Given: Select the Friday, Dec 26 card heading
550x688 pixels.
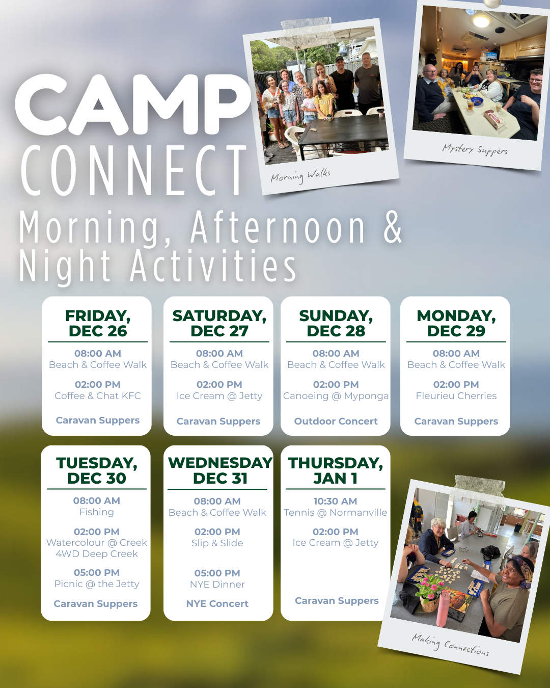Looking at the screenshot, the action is (98, 323).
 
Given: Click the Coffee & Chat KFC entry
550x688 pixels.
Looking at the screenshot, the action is (98, 396).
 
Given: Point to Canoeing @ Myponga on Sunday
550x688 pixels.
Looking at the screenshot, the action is (336, 396).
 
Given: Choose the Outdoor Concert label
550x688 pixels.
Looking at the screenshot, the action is (336, 421).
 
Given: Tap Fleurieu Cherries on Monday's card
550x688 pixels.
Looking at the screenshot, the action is (456, 396).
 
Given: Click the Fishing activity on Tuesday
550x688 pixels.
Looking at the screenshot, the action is (97, 512).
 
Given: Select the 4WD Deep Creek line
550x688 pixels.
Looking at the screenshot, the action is (97, 554).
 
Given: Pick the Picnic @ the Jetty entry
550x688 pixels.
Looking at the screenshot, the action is (97, 584).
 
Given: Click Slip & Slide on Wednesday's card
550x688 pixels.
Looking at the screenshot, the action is (217, 543).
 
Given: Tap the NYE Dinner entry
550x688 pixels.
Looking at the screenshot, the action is (217, 584).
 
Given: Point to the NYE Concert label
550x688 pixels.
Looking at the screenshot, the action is (217, 603).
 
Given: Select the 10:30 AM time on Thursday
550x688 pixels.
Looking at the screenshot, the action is (335, 501).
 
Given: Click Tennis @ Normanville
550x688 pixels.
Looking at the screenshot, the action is (335, 513).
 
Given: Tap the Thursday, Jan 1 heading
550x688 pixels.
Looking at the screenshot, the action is (335, 470).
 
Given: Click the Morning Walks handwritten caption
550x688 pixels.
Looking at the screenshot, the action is (300, 176).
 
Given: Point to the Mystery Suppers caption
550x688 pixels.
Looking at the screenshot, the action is (475, 149).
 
